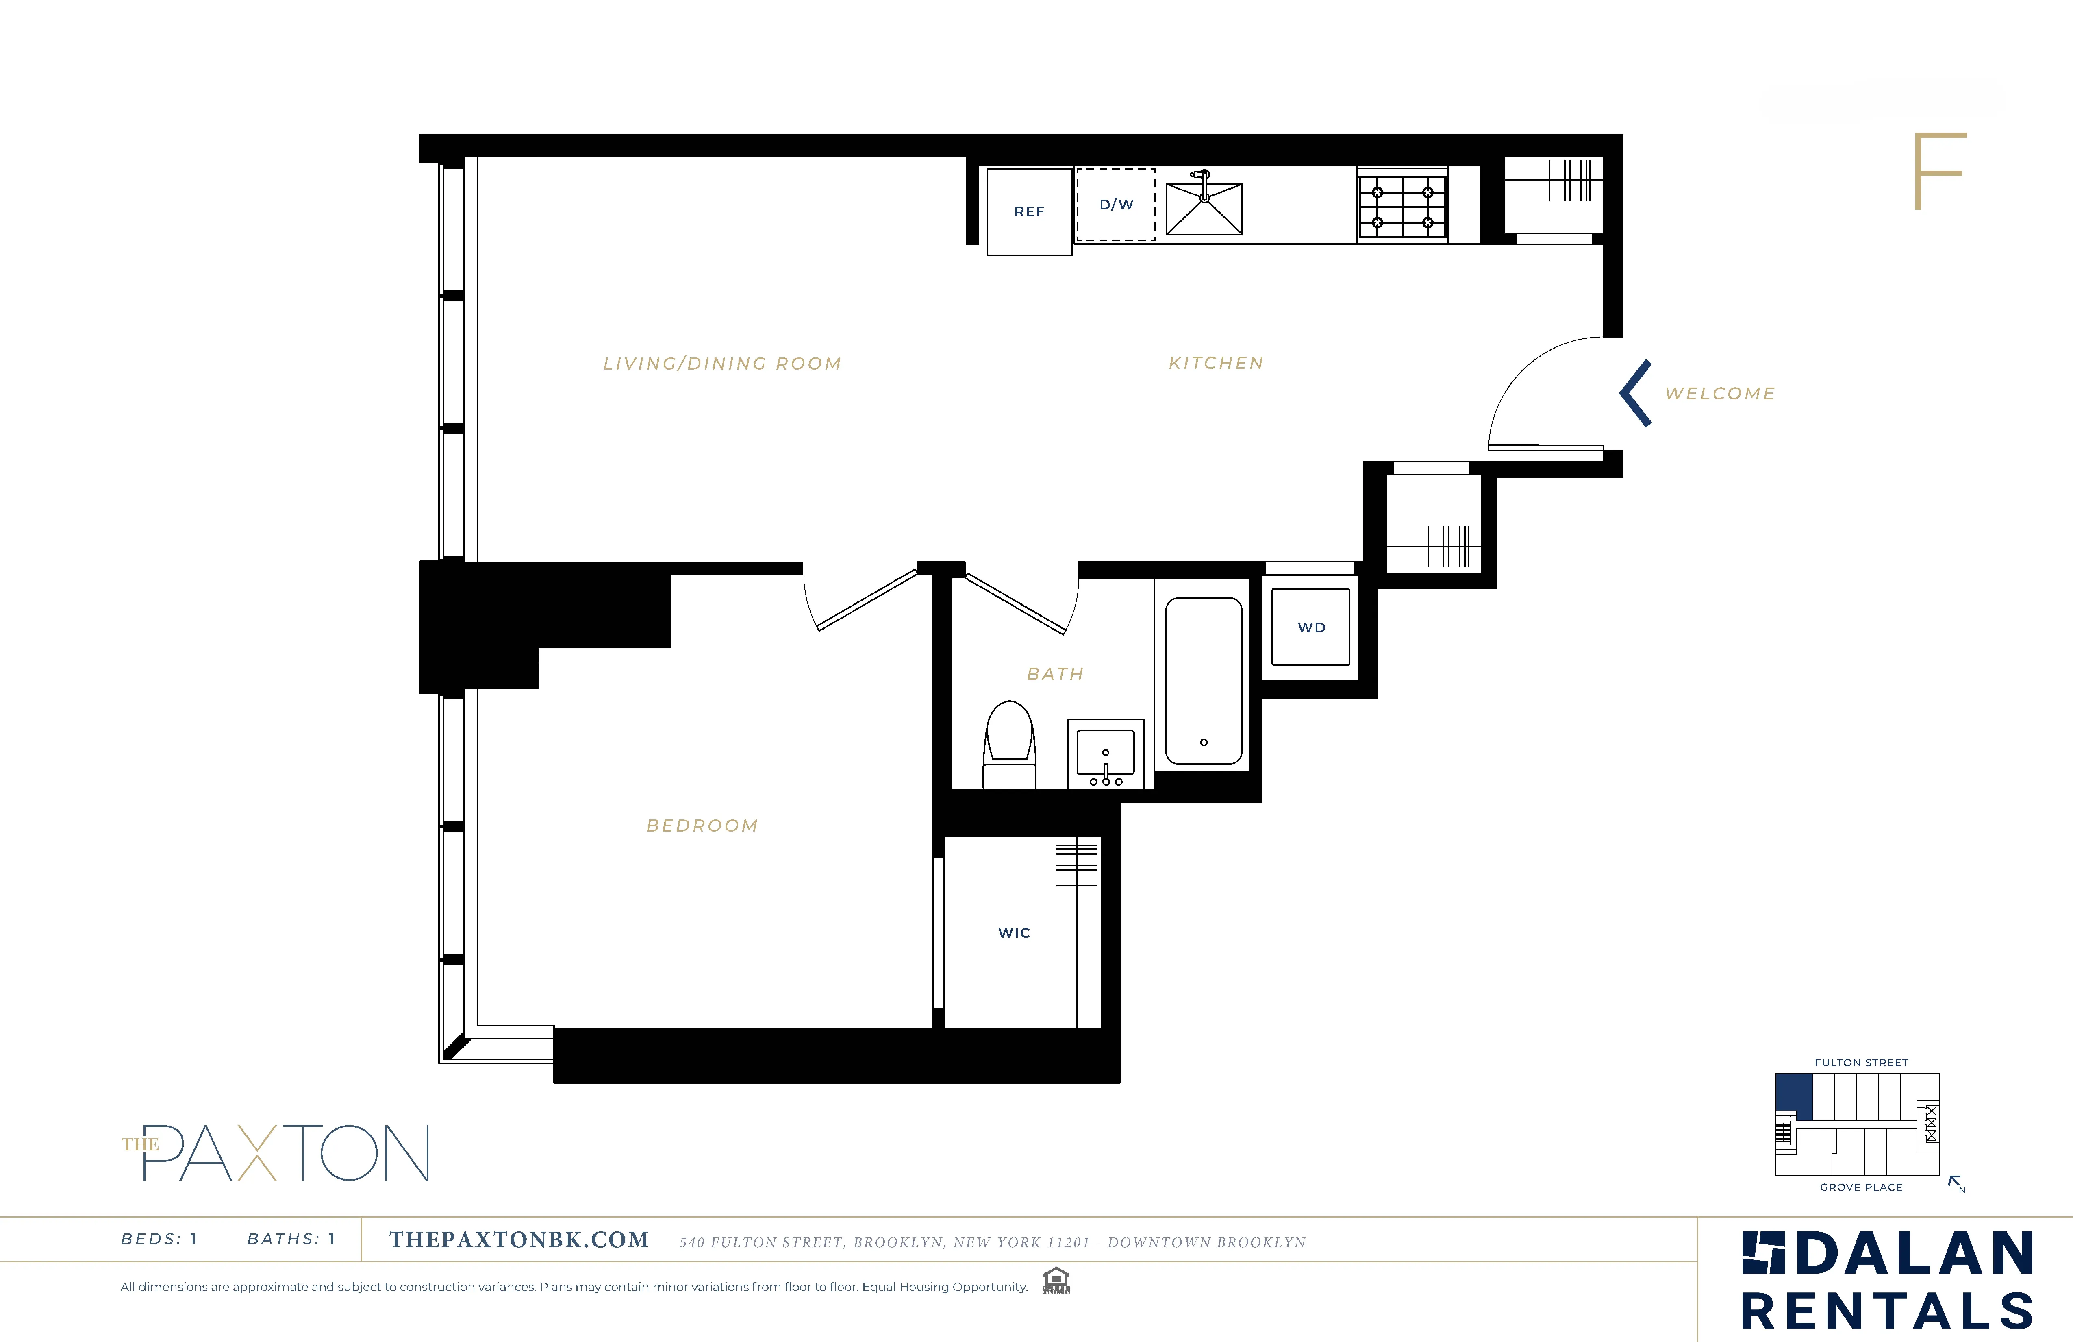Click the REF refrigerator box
1029,212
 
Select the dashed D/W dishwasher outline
1116,205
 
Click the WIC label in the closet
1014,932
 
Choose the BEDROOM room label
702,825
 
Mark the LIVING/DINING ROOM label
722,364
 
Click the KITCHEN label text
1216,364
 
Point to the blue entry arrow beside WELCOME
1636,393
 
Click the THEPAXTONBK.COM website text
519,1240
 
